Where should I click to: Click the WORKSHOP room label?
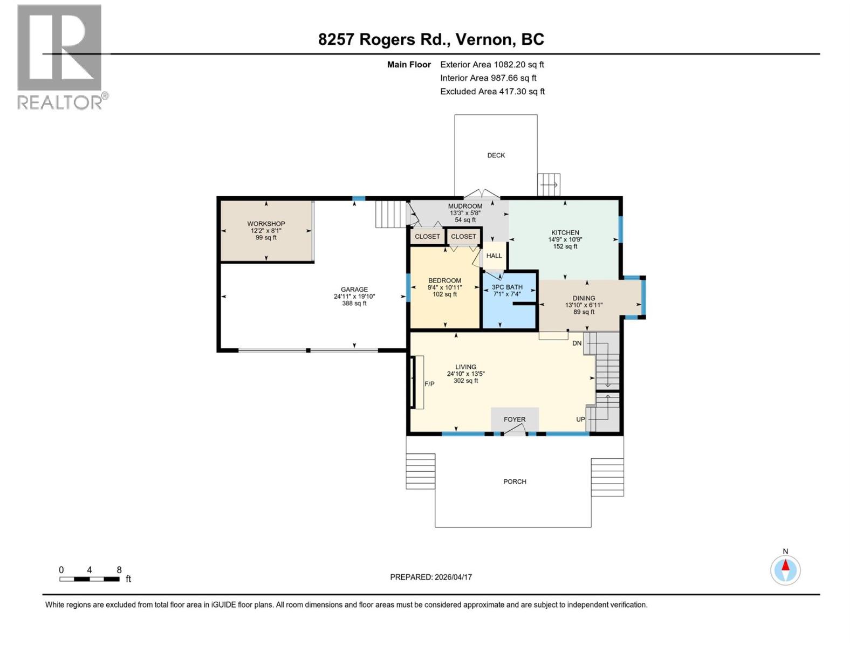[x=266, y=224]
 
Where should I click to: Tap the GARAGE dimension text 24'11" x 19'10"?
[x=354, y=297]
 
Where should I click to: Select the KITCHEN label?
[x=565, y=232]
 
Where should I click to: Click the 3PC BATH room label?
[x=507, y=287]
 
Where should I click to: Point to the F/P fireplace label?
[x=429, y=384]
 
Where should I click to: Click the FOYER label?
[x=515, y=419]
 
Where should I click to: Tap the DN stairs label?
[x=577, y=343]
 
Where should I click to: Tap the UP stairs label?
[x=580, y=419]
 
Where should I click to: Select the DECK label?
[x=496, y=155]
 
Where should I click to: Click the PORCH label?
[x=515, y=481]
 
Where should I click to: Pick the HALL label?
[x=494, y=256]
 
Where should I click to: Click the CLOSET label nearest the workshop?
[x=427, y=237]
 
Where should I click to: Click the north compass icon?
[x=785, y=569]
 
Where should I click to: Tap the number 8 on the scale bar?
[x=119, y=570]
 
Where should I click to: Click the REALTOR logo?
[x=60, y=57]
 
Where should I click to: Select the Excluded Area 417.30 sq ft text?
[x=492, y=92]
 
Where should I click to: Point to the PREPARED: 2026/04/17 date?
[x=431, y=577]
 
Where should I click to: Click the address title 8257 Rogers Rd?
[x=431, y=39]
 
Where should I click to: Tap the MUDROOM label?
[x=465, y=206]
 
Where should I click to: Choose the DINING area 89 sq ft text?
[x=584, y=312]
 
